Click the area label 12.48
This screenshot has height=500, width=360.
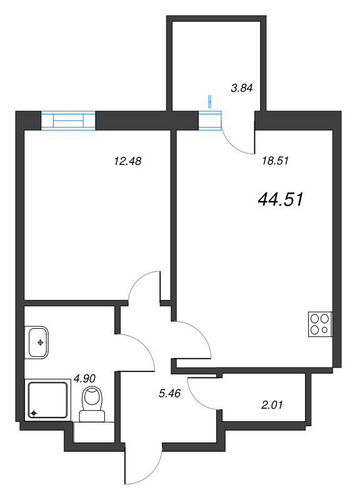click(127, 161)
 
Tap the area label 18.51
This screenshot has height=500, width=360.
click(275, 161)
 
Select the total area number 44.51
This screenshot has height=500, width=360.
click(280, 199)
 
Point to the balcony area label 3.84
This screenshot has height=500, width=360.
click(242, 87)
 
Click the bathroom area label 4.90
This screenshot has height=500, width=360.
click(84, 379)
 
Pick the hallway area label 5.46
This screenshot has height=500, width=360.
click(169, 393)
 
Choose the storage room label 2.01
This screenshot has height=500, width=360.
click(272, 405)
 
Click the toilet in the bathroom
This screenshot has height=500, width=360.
click(92, 404)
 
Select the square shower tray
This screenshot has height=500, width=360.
click(47, 400)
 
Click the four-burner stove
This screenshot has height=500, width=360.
click(320, 324)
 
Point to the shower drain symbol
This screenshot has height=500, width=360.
click(34, 413)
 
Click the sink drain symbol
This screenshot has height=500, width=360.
click(40, 342)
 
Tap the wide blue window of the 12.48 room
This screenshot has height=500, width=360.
click(68, 120)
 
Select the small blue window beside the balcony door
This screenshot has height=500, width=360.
click(210, 121)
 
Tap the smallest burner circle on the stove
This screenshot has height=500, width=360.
click(324, 330)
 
